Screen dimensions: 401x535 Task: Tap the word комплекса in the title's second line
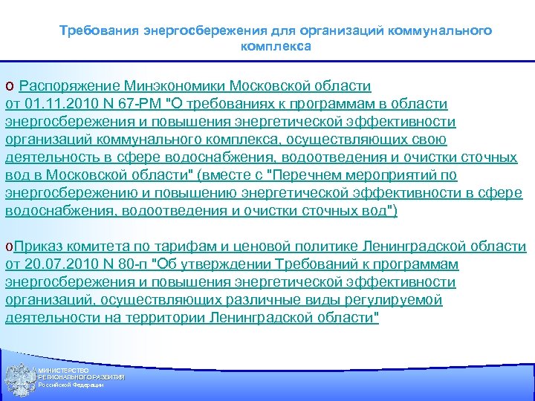click(x=276, y=46)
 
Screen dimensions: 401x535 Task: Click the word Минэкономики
click(x=174, y=85)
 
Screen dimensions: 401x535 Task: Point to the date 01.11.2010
click(x=58, y=103)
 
